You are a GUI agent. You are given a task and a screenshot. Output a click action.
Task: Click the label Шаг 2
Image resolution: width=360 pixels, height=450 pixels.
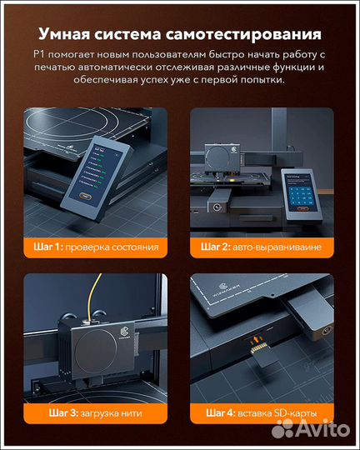point(216,247)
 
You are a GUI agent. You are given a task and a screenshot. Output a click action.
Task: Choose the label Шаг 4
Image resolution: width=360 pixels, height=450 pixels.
point(216,412)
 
